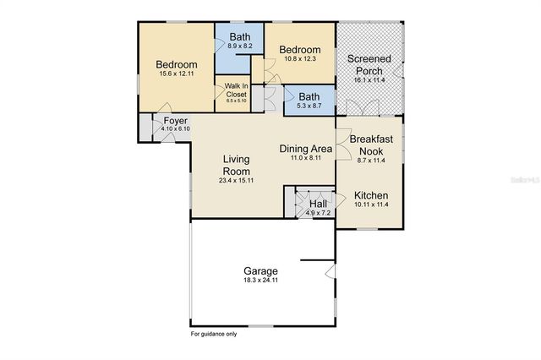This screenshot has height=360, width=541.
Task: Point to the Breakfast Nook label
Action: tap(371, 145)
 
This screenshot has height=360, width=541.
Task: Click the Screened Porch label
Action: tap(369, 65)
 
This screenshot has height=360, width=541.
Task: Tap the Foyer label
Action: tap(175, 121)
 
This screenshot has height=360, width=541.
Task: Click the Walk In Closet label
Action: tap(236, 90)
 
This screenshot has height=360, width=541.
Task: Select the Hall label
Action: tap(319, 205)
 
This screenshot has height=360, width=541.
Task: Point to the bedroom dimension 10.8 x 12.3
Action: tap(300, 59)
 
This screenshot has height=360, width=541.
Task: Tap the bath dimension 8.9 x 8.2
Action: tap(240, 47)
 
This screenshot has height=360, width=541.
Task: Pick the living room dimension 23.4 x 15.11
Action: tap(238, 179)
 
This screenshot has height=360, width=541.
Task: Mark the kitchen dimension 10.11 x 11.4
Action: tap(371, 204)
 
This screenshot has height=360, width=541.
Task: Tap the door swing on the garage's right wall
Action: tap(331, 272)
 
